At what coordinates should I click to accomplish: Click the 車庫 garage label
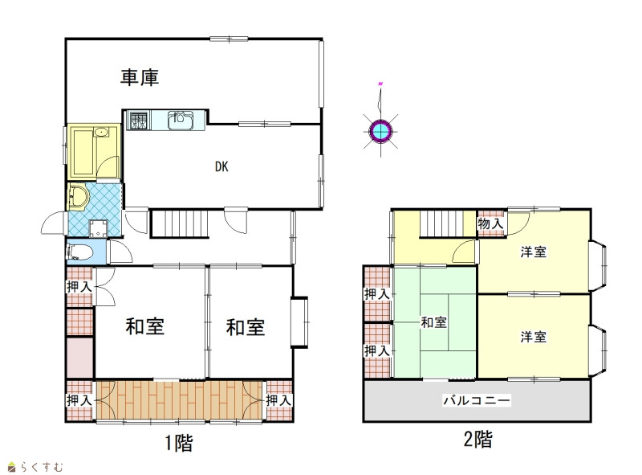pyautogui.click(x=139, y=77)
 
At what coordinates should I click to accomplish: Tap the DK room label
pyautogui.click(x=221, y=166)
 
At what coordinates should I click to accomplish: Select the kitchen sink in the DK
pyautogui.click(x=180, y=121)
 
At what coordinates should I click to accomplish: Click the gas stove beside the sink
pyautogui.click(x=138, y=121)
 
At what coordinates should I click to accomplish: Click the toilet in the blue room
pyautogui.click(x=78, y=252)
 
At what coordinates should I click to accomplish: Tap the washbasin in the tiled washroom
pyautogui.click(x=78, y=196)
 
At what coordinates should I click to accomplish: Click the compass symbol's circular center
pyautogui.click(x=380, y=131)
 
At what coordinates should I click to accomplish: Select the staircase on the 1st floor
pyautogui.click(x=180, y=223)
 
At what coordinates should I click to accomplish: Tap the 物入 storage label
pyautogui.click(x=490, y=224)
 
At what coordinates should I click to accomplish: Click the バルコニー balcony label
pyautogui.click(x=477, y=400)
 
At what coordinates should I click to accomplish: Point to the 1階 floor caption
pyautogui.click(x=178, y=443)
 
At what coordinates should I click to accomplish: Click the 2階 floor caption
pyautogui.click(x=477, y=440)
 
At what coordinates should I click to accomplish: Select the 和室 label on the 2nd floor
pyautogui.click(x=433, y=322)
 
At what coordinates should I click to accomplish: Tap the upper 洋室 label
pyautogui.click(x=534, y=252)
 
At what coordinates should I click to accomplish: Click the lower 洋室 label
pyautogui.click(x=534, y=338)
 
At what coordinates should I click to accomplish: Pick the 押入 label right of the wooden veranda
pyautogui.click(x=278, y=400)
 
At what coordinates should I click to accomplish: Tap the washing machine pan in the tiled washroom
pyautogui.click(x=98, y=228)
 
